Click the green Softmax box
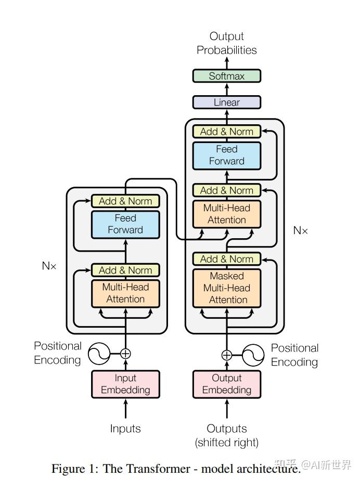[226, 76]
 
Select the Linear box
[226, 102]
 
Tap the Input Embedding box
[125, 384]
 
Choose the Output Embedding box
[226, 384]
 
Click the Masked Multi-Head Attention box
[226, 288]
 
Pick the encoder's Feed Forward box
[125, 224]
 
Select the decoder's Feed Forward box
[226, 156]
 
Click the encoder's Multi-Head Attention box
[125, 293]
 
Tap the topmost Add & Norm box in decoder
[226, 132]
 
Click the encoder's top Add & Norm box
[125, 201]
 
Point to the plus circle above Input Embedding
[125, 354]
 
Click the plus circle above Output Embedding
[226, 355]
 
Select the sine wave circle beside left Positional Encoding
[99, 354]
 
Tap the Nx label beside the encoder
[49, 266]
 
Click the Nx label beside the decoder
[300, 230]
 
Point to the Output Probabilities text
[226, 43]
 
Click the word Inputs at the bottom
[125, 429]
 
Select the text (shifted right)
[226, 443]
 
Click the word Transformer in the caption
[158, 468]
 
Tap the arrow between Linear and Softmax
[226, 89]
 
